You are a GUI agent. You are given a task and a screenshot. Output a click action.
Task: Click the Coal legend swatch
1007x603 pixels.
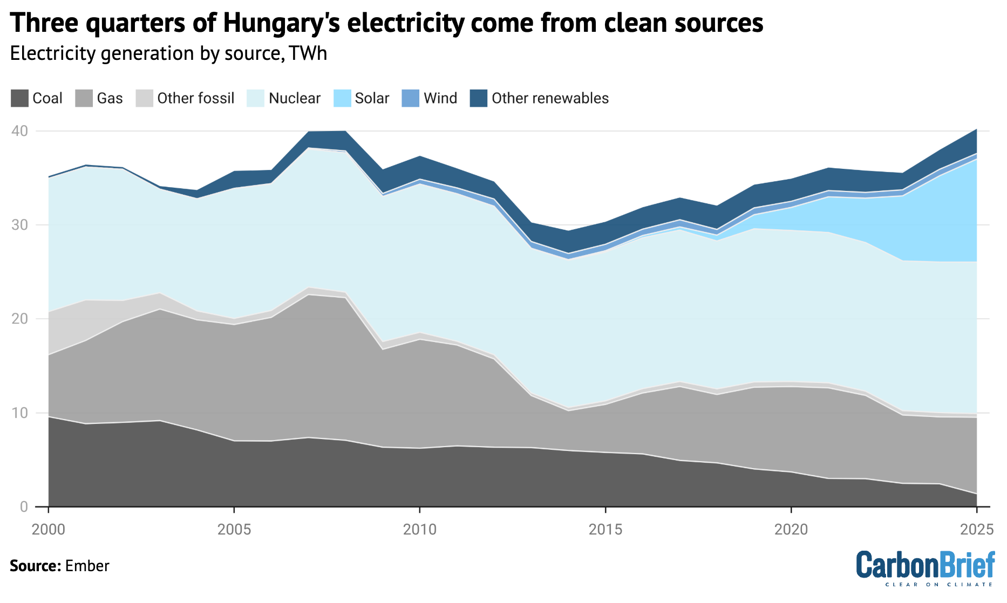click(19, 98)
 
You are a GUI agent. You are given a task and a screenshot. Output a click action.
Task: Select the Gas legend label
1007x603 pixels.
click(110, 98)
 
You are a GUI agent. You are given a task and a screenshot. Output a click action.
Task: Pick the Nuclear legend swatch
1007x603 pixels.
click(255, 98)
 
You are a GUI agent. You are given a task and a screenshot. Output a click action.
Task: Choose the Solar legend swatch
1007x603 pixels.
click(342, 98)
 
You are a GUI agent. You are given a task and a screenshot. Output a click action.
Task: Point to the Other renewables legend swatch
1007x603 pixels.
click(479, 98)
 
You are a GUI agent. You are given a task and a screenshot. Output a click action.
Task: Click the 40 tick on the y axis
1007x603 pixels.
click(20, 131)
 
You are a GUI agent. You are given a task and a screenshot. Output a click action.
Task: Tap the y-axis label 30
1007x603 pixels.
click(20, 225)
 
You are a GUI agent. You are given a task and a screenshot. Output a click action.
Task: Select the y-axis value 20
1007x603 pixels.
click(20, 319)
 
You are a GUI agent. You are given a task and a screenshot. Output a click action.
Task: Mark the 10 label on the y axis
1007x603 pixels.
click(20, 413)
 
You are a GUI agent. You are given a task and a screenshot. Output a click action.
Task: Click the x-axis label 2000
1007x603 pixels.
click(49, 530)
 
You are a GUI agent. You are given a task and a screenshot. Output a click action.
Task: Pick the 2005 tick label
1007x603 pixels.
click(234, 530)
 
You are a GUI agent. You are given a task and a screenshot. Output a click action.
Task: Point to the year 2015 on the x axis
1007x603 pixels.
click(605, 530)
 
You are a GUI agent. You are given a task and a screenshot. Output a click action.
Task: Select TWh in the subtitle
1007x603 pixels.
click(308, 53)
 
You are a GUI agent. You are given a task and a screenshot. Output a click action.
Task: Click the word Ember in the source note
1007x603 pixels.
click(87, 566)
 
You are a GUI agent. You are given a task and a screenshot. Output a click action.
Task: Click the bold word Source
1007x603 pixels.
click(35, 566)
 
